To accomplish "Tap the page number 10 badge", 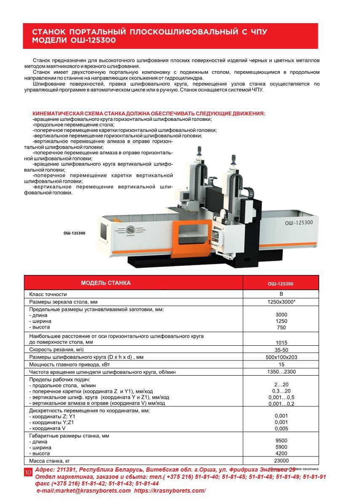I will (x=28, y=472).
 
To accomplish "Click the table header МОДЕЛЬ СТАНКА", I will (x=106, y=283).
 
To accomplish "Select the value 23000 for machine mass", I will (x=281, y=461).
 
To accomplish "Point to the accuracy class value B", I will (x=281, y=294).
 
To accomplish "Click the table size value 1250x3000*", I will (x=281, y=302).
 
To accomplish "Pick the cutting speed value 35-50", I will (x=281, y=350).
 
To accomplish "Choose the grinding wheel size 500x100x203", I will (x=281, y=357).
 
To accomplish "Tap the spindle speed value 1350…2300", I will (x=281, y=372).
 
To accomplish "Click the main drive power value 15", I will (x=281, y=364).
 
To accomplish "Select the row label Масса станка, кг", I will (x=49, y=461).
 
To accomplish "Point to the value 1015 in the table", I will (x=281, y=342).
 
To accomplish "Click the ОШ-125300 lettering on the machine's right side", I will (x=299, y=223).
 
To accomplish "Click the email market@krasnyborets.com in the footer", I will (x=84, y=491).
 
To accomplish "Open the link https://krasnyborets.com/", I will (x=170, y=491).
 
